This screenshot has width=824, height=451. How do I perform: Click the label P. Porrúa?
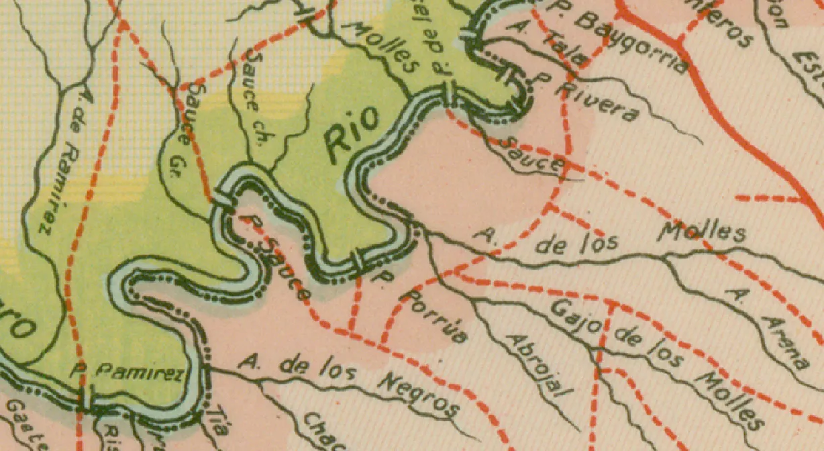click(422, 306)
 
